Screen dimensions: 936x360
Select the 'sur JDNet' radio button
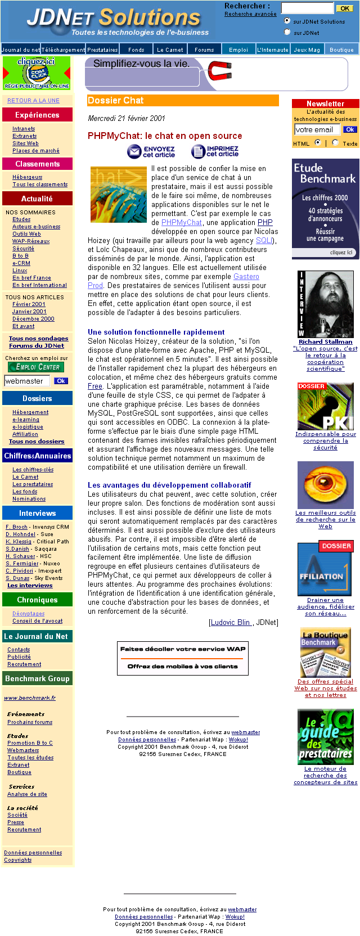tap(287, 32)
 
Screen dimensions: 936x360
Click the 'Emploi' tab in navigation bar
tap(238, 49)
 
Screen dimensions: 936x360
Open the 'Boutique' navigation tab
tap(341, 49)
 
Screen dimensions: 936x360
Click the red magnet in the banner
tap(219, 71)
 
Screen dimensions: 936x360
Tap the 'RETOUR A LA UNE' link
tap(33, 100)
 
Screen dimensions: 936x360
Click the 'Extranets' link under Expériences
tap(24, 136)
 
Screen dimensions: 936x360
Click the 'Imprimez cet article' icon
tap(215, 151)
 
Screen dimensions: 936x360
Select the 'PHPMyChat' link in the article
tap(181, 222)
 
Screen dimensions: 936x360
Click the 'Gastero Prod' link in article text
tap(246, 276)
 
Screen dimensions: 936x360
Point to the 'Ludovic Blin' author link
tap(231, 622)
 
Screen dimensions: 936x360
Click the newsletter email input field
tap(317, 129)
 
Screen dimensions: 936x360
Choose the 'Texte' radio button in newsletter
tap(335, 142)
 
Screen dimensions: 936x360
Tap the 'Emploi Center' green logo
tap(36, 367)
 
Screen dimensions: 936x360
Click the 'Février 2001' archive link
tap(29, 304)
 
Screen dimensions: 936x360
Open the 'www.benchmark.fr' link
tap(30, 697)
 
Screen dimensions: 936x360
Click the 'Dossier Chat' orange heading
tap(183, 100)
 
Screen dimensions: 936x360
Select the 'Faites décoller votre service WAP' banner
tap(183, 658)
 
